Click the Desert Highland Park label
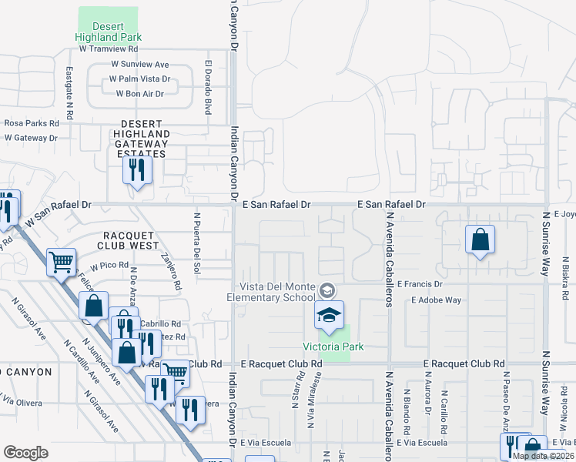pos(109,32)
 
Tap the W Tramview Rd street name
pos(108,48)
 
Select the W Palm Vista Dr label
pos(139,79)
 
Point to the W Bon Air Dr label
pos(139,94)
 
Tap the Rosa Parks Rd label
pos(32,123)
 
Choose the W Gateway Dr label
pos(31,138)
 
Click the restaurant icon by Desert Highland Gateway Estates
pos(137,169)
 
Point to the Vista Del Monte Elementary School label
pos(271,292)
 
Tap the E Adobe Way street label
pos(436,300)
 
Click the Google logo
pos(25,453)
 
